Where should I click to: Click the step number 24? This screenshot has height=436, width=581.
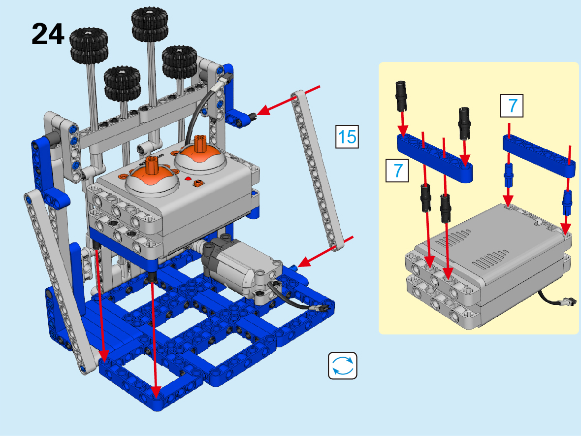(x=48, y=34)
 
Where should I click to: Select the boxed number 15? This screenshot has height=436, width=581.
(x=347, y=137)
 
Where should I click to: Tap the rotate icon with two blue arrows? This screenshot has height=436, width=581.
(x=342, y=366)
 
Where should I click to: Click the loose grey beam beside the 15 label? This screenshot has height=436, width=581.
(x=317, y=170)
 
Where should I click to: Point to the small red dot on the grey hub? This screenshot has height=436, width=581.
(x=188, y=179)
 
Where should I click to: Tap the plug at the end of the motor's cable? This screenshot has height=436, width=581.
(x=322, y=307)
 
